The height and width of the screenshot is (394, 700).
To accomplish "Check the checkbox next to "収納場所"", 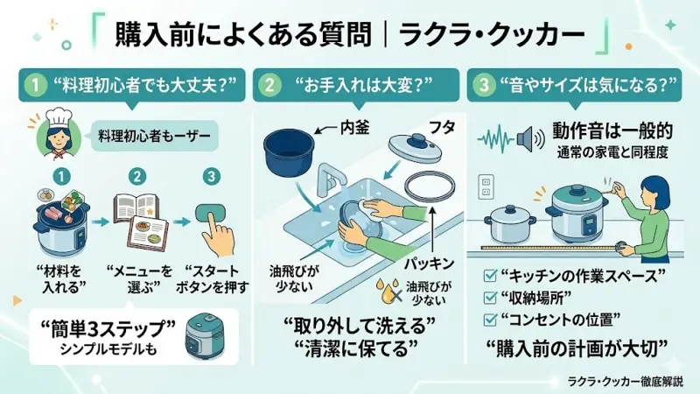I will [x=493, y=294].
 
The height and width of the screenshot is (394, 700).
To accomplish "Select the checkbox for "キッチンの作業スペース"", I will [x=493, y=275].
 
